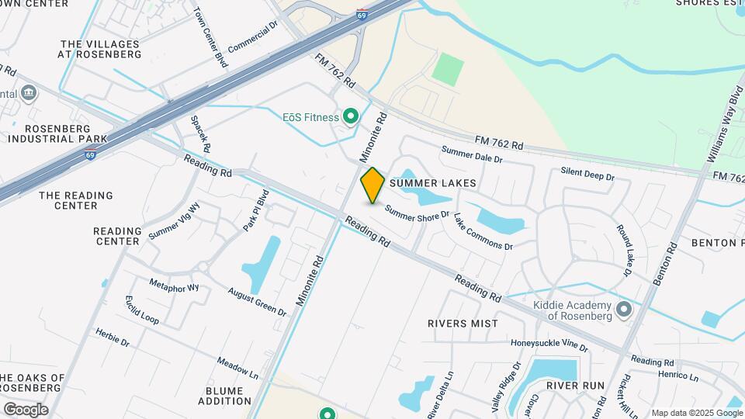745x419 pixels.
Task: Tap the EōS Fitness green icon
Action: [x=350, y=117]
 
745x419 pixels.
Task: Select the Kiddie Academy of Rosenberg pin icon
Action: [x=624, y=311]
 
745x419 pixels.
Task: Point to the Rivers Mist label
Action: [x=463, y=323]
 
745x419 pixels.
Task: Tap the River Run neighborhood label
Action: [x=575, y=385]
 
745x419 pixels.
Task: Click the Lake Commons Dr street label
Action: [x=483, y=232]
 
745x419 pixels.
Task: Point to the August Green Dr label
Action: [x=257, y=301]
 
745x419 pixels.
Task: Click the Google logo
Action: [x=26, y=410]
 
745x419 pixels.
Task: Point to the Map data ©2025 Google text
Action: [x=696, y=413]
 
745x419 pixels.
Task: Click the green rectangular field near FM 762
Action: [x=448, y=69]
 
